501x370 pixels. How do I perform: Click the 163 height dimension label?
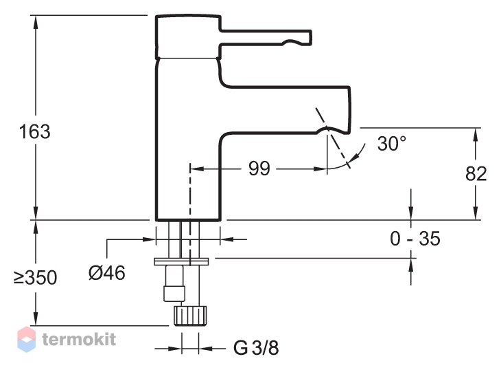[x=34, y=131]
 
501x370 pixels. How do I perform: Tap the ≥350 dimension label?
[x=35, y=278]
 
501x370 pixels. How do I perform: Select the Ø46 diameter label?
[x=106, y=273]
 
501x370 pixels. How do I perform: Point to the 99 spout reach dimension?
[x=259, y=168]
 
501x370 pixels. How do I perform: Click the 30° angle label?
[x=392, y=143]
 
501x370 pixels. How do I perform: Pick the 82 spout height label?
[x=476, y=174]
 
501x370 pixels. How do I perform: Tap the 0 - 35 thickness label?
[x=415, y=239]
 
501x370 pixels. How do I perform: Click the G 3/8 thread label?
[x=256, y=347]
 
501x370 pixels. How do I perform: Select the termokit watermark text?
[x=79, y=338]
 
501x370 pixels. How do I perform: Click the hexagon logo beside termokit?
[x=26, y=339]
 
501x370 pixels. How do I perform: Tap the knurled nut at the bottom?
[x=190, y=316]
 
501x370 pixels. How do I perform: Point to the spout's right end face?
[x=349, y=109]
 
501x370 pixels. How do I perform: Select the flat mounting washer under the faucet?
[x=181, y=261]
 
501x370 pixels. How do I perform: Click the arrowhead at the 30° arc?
[x=353, y=157]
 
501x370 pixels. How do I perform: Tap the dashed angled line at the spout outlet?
[x=333, y=138]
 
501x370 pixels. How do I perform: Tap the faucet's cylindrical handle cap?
[x=188, y=36]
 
